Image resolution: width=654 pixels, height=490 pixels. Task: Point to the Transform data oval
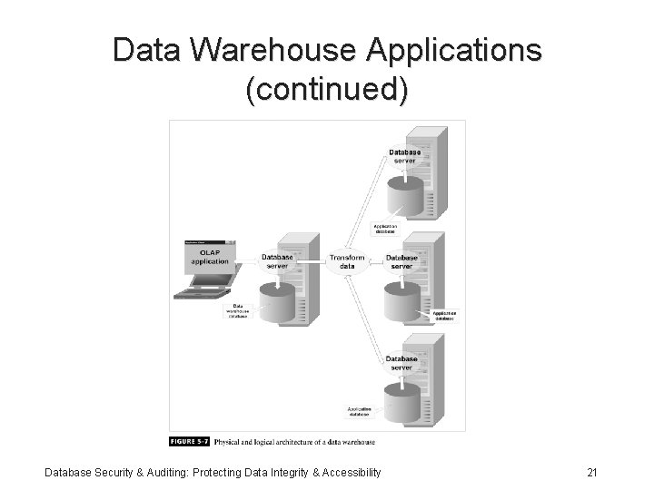pos(347,261)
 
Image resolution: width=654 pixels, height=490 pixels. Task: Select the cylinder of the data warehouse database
pos(279,302)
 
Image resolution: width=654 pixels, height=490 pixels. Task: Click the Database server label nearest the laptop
pos(277,260)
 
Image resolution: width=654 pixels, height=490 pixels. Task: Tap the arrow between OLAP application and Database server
pos(246,263)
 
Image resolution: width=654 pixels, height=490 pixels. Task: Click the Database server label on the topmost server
pos(403,156)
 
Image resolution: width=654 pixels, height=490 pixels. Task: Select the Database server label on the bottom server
pos(402,363)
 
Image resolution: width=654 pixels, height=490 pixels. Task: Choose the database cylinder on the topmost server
pos(405,191)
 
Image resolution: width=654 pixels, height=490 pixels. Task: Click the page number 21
pos(591,472)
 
